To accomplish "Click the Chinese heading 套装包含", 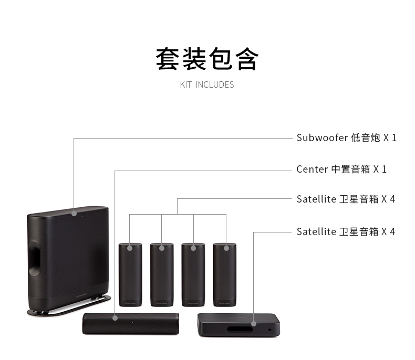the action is [207, 59].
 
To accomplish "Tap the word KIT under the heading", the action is [186, 84].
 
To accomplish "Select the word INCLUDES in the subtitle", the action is [215, 84].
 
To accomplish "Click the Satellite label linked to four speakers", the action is [316, 199].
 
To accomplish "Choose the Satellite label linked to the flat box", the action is [316, 231].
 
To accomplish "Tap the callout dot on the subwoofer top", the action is [74, 214].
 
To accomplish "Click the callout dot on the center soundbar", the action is [115, 316].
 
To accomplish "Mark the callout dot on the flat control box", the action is [254, 324].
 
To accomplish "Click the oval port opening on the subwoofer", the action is [36, 258].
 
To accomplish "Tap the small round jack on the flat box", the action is [270, 330].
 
